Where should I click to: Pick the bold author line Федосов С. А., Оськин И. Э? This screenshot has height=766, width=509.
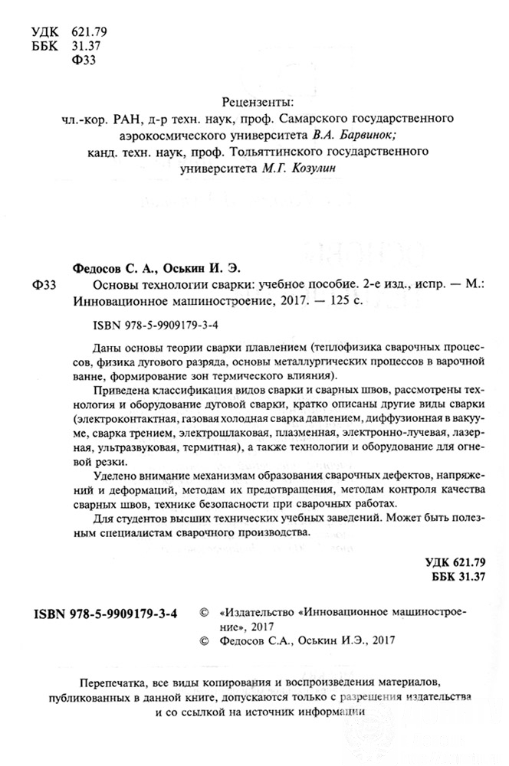click(x=156, y=268)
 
